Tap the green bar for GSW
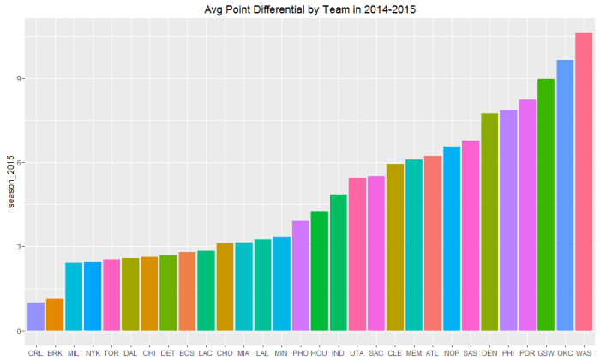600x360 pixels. [546, 205]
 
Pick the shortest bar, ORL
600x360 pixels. [36, 316]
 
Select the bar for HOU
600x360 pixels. [319, 271]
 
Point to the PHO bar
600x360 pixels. [300, 276]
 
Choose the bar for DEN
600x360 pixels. [489, 222]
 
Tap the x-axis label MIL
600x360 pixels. [74, 352]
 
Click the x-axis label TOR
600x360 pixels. [111, 352]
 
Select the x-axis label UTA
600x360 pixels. [357, 352]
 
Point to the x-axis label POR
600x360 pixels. [527, 352]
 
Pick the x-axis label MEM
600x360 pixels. [414, 352]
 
